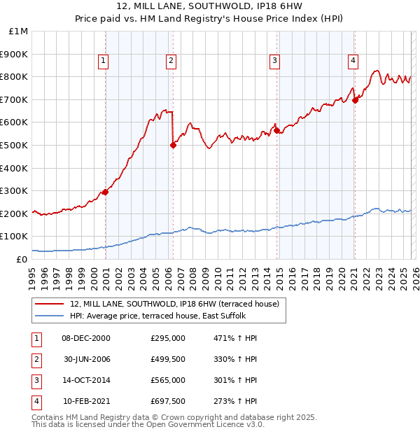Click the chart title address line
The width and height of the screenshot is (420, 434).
point(210,7)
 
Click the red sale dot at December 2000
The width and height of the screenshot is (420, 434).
point(105,192)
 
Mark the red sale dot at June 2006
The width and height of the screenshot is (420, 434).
point(173,145)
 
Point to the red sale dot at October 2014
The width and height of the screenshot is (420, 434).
point(276,130)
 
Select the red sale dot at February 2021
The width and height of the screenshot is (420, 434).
point(355,100)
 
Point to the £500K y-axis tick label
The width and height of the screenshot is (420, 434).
point(15,145)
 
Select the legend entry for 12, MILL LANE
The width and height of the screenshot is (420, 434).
point(174,304)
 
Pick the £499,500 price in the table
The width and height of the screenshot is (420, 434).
point(168,359)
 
